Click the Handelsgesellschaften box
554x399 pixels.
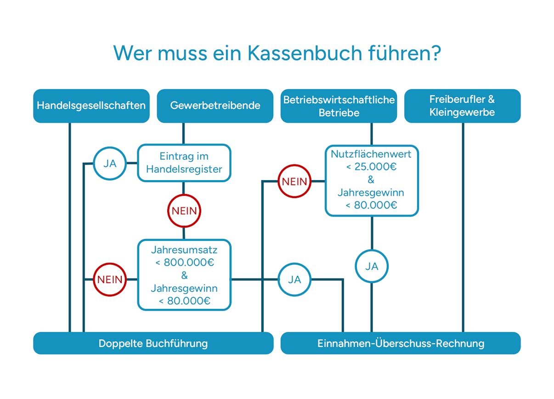pos(91,106)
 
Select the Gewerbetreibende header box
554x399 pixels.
pos(215,106)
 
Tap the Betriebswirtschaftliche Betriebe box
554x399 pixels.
pos(339,106)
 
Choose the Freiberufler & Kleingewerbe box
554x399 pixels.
pos(462,106)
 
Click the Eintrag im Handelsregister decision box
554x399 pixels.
pos(184,163)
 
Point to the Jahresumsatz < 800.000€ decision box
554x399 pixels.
pos(184,275)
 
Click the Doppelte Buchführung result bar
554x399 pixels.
pos(153,343)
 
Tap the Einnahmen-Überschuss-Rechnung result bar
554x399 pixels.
pos(400,343)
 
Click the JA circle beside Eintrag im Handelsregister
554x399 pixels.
pos(110,163)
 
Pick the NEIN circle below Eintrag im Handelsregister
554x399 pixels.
pos(184,211)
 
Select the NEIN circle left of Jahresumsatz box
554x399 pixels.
pos(110,279)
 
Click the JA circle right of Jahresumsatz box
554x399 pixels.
pos(294,279)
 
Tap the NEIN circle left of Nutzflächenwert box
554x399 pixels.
pos(294,181)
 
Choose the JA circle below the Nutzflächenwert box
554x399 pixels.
pos(372,266)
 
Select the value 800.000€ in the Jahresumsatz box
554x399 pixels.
pos(188,263)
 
